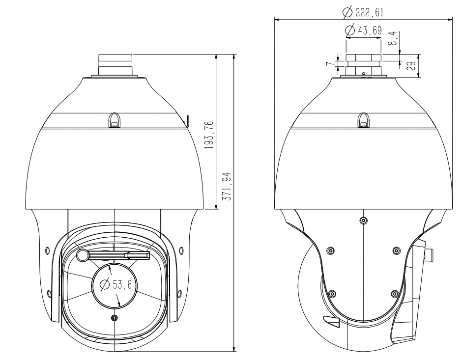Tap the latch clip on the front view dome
(114, 119)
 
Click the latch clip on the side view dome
(363, 119)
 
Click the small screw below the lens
(115, 318)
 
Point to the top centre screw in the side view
(363, 220)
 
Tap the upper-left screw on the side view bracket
(330, 251)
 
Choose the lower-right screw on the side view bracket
(394, 294)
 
